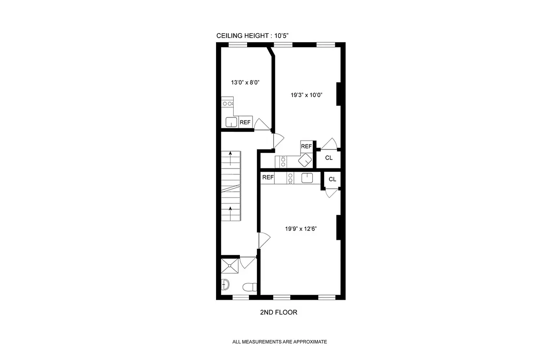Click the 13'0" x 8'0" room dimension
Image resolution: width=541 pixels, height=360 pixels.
[245, 82]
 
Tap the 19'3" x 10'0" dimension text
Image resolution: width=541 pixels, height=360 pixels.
[307, 94]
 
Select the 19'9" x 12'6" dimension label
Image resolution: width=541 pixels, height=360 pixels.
[301, 229]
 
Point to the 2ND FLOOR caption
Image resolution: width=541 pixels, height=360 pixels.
[279, 312]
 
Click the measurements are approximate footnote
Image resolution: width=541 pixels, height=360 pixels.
[280, 342]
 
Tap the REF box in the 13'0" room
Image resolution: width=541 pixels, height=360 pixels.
[245, 122]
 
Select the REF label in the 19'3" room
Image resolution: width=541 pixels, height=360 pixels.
[306, 146]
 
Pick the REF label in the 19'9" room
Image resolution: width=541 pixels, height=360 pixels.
[268, 177]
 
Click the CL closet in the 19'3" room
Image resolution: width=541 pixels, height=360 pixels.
[329, 157]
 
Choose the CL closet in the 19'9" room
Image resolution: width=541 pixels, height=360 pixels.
[332, 179]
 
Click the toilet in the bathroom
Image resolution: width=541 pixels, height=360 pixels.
[249, 287]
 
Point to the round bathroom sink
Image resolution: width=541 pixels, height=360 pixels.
[226, 284]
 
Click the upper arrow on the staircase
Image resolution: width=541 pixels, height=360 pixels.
[230, 158]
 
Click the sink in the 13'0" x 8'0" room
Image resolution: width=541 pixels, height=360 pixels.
[231, 122]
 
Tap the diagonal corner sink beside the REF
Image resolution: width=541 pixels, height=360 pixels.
[306, 160]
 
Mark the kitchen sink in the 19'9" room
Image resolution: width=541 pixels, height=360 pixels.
[307, 178]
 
